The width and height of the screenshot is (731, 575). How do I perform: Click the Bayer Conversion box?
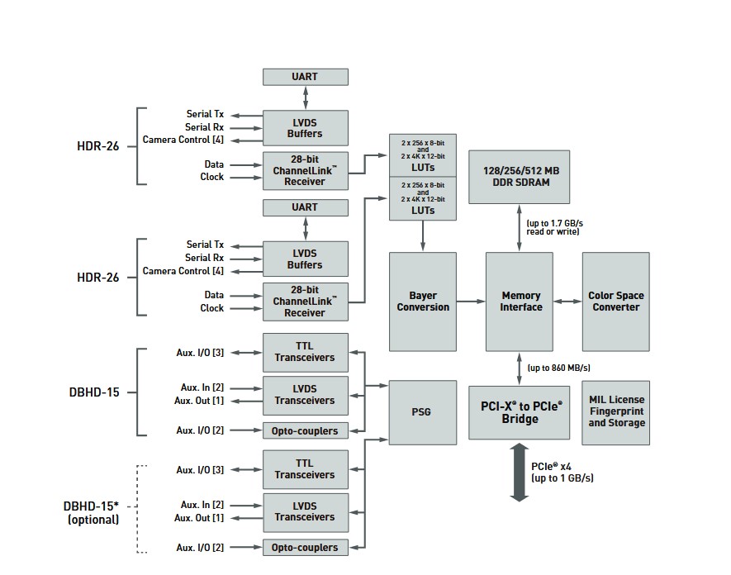(423, 302)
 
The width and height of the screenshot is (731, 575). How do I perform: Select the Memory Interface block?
(520, 302)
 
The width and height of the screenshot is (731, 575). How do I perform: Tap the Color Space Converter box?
(615, 302)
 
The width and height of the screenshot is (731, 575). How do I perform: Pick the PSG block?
(423, 411)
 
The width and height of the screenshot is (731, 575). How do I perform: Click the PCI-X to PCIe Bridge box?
(520, 411)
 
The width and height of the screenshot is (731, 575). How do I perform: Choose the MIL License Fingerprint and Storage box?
(616, 411)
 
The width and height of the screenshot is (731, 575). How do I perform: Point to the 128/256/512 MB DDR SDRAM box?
(520, 176)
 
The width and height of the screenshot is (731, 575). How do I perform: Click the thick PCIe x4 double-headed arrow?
(519, 473)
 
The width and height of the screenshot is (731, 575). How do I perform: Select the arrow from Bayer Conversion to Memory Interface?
(470, 302)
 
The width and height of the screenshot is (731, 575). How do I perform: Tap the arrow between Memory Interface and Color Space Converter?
(567, 302)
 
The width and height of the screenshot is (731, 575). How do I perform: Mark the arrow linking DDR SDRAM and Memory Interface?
(520, 228)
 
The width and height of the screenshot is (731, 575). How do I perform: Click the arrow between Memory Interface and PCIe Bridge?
(520, 368)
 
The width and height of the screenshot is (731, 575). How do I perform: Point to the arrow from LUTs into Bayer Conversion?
(423, 235)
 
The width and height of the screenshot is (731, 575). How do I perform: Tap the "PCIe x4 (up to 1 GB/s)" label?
(562, 472)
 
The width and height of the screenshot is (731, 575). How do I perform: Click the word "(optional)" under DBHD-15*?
(93, 520)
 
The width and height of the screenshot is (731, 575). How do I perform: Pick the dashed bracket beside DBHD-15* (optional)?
(138, 508)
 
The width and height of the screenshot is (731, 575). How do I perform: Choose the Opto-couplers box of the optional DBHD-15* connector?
(305, 547)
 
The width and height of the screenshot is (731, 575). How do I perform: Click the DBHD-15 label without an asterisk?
(94, 392)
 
